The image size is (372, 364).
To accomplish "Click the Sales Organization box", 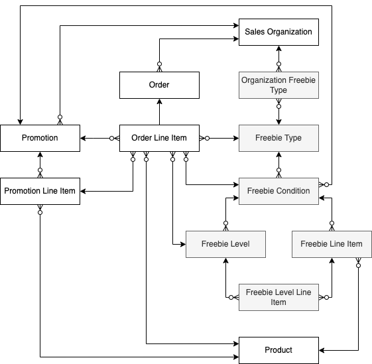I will click(278, 32).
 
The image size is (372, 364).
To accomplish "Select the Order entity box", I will click(159, 85).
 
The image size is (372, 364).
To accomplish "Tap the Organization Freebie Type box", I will click(278, 85).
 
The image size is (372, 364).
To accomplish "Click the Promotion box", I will click(40, 138).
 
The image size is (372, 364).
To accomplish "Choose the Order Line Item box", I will click(159, 138).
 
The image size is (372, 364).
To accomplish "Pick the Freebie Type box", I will click(278, 138).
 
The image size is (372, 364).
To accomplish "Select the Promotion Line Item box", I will click(40, 191).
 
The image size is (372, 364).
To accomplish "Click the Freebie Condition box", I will click(278, 191).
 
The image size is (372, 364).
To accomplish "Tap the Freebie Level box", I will click(225, 244).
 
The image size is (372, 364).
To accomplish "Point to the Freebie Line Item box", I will click(331, 244).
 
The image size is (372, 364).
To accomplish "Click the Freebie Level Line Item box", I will click(278, 297).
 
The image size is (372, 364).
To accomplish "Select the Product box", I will click(278, 350).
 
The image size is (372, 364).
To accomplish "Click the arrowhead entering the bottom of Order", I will click(159, 102).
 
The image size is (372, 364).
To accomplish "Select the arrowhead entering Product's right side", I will click(322, 350).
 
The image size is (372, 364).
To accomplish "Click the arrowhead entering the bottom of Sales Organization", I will click(279, 49).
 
